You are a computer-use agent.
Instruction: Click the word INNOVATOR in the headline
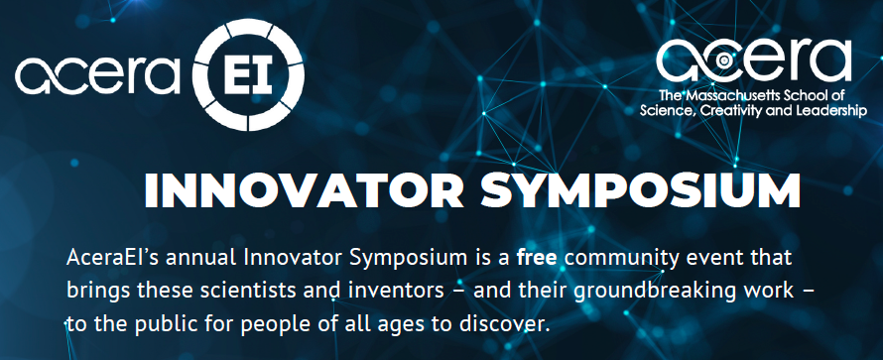(x=305, y=191)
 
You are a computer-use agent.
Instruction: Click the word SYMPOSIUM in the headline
(x=640, y=191)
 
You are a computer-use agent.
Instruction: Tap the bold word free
(x=537, y=258)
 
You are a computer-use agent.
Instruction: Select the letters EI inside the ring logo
(x=250, y=74)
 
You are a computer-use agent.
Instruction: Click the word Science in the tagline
(x=665, y=111)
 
